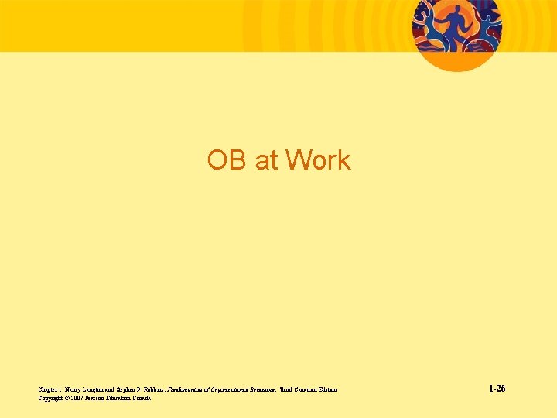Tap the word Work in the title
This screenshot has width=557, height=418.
[318, 160]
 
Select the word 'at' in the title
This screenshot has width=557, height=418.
[265, 160]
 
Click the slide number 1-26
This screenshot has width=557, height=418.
[497, 388]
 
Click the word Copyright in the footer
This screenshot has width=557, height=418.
[50, 398]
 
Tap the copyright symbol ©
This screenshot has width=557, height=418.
[69, 398]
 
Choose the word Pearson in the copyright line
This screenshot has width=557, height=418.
[100, 398]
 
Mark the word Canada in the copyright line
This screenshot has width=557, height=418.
[142, 398]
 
